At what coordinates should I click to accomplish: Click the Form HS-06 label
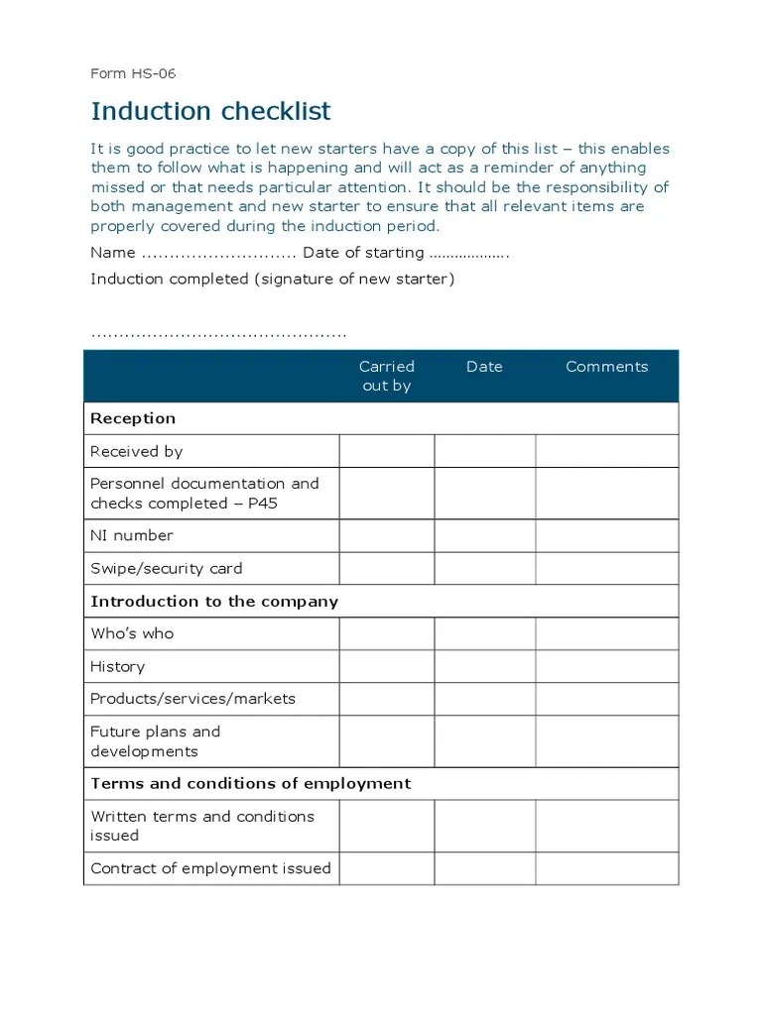(133, 73)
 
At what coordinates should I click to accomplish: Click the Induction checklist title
(210, 111)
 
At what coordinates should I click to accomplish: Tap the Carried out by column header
(386, 376)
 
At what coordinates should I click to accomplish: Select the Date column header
(484, 367)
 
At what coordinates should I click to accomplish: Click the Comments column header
(606, 367)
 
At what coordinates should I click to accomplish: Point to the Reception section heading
(133, 418)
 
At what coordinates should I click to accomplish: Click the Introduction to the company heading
(214, 602)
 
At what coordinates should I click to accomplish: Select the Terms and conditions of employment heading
(250, 783)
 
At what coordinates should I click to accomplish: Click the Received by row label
(137, 451)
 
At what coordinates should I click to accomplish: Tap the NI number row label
(132, 535)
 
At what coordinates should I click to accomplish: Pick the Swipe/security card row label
(166, 569)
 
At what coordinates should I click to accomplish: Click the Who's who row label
(132, 633)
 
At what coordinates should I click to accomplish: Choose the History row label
(117, 666)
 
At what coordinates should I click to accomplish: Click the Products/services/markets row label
(192, 699)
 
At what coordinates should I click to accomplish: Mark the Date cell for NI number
(484, 536)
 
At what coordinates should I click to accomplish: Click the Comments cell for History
(606, 666)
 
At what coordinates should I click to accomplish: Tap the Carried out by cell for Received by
(386, 451)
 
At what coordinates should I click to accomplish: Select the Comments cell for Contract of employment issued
(606, 868)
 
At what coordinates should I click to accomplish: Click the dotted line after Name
(219, 254)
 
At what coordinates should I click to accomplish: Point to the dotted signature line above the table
(218, 335)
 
